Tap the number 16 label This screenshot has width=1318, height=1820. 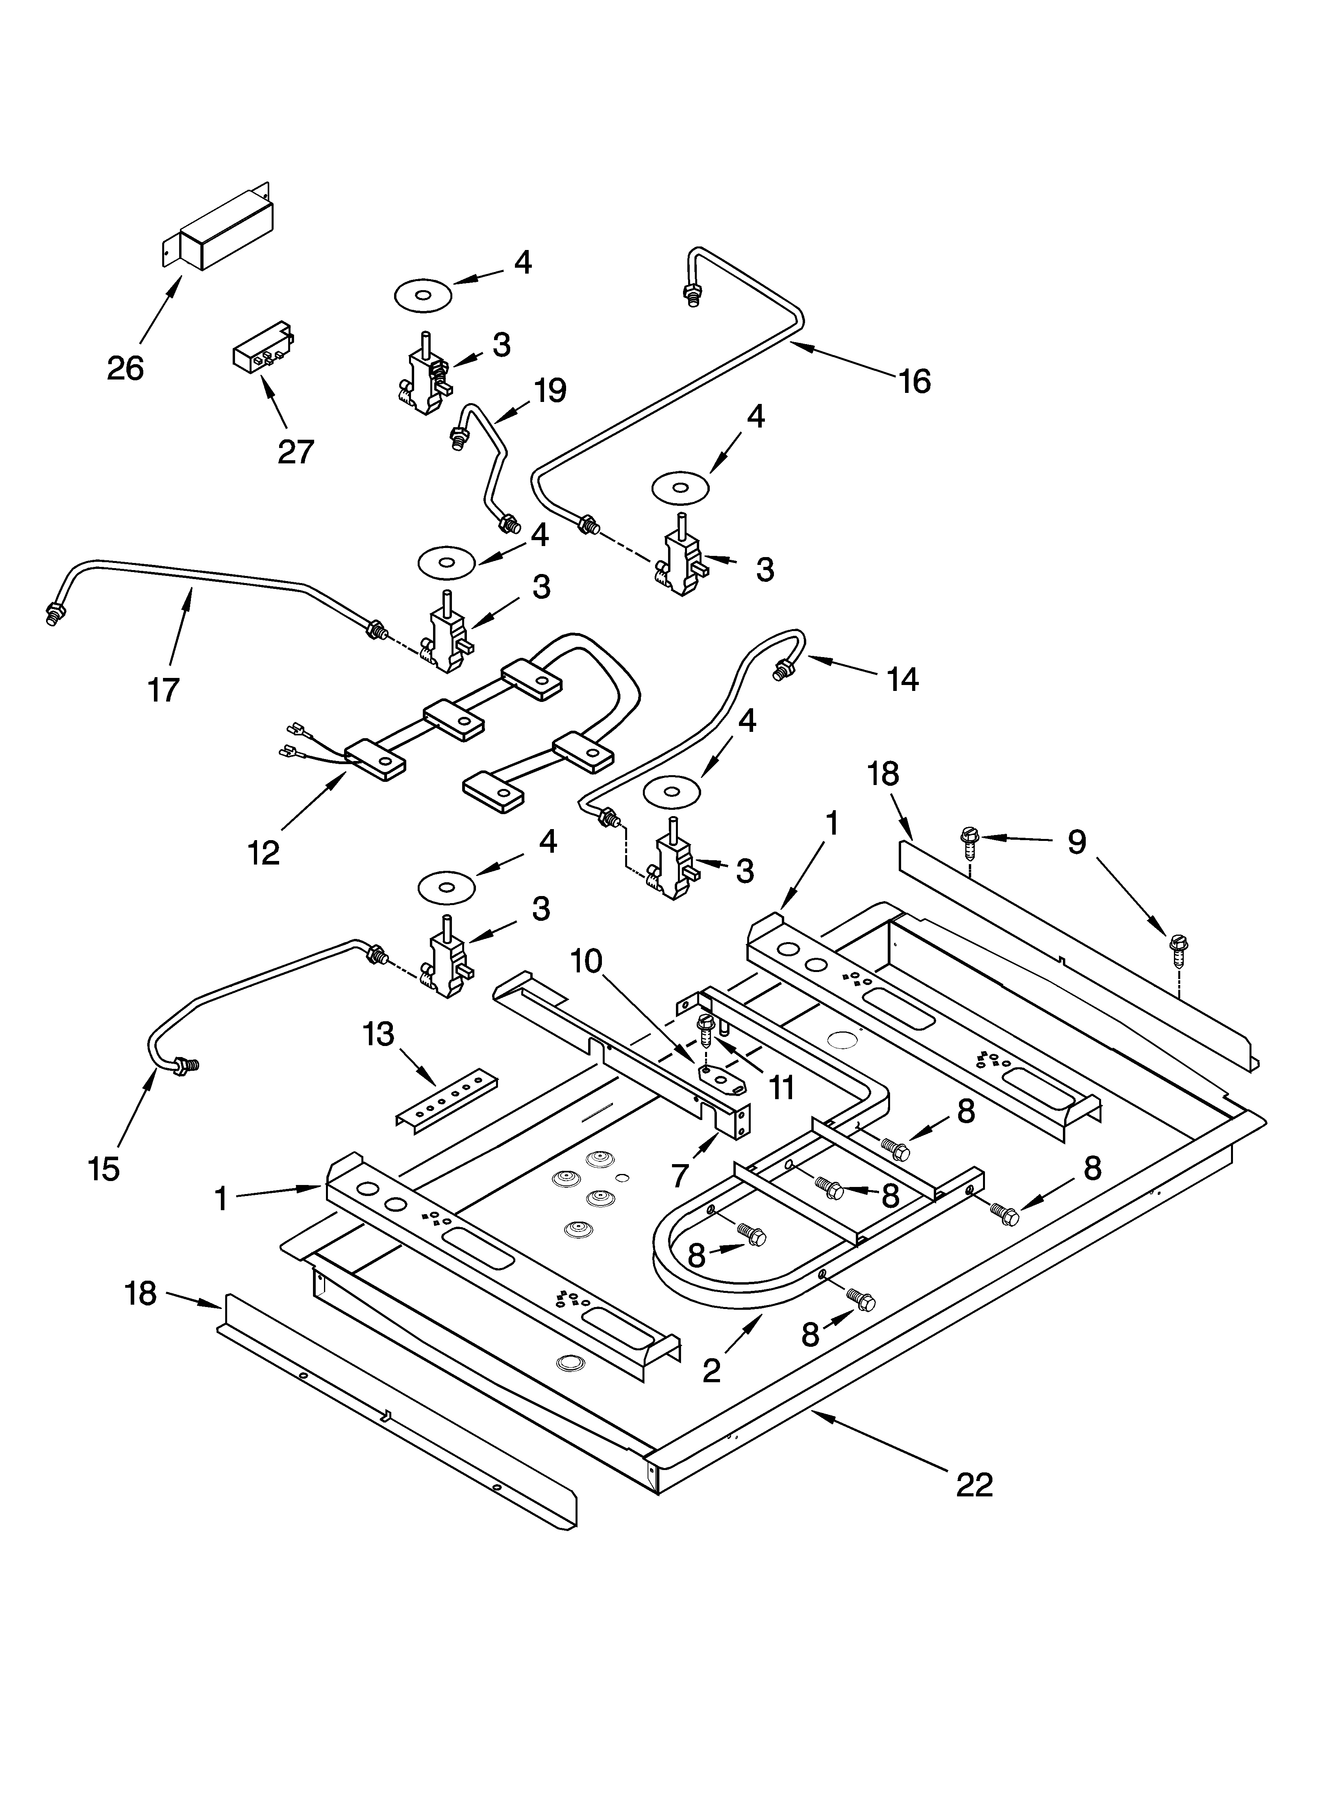pos(914,381)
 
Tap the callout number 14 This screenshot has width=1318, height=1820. pos(902,679)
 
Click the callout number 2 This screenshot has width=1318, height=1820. pos(711,1371)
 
